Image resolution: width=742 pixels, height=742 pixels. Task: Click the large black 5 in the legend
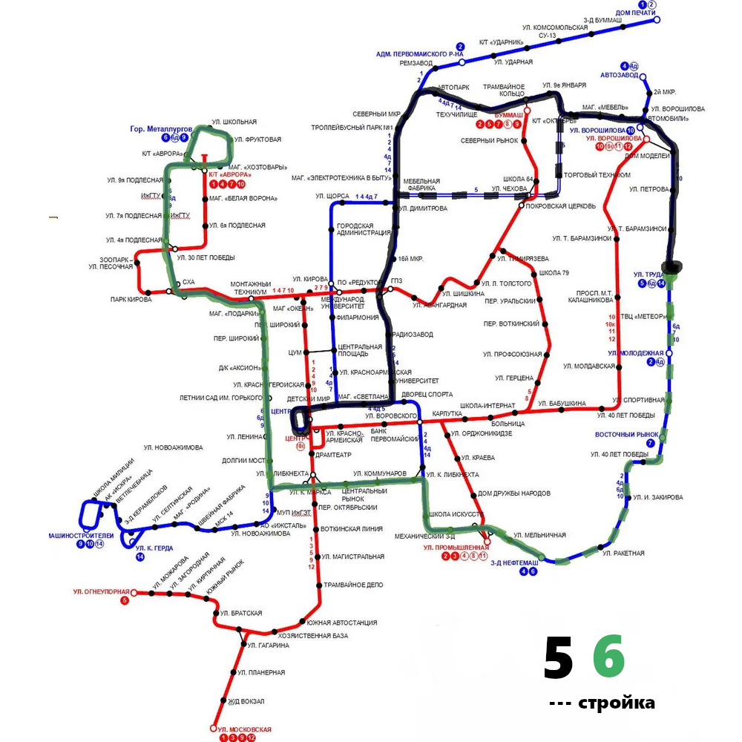[559, 658]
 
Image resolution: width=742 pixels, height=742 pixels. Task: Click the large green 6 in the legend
[608, 657]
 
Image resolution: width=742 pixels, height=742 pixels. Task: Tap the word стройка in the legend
[616, 703]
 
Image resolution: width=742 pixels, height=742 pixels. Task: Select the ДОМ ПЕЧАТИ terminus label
[635, 13]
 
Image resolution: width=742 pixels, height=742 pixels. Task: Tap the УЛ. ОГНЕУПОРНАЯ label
[102, 591]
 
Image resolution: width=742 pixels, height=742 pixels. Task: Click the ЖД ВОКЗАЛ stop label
[246, 701]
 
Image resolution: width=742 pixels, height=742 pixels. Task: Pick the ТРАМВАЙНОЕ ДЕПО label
[354, 585]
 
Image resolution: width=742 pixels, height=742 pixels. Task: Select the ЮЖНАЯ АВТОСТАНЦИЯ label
[342, 623]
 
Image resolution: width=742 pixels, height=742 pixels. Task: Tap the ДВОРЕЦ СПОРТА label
[426, 394]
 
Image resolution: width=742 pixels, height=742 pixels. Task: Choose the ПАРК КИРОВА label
[131, 300]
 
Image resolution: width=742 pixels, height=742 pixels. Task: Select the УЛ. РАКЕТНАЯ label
[623, 554]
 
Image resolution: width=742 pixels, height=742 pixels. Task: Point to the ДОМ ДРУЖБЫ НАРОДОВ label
[513, 493]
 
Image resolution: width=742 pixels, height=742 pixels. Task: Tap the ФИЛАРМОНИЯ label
[358, 318]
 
